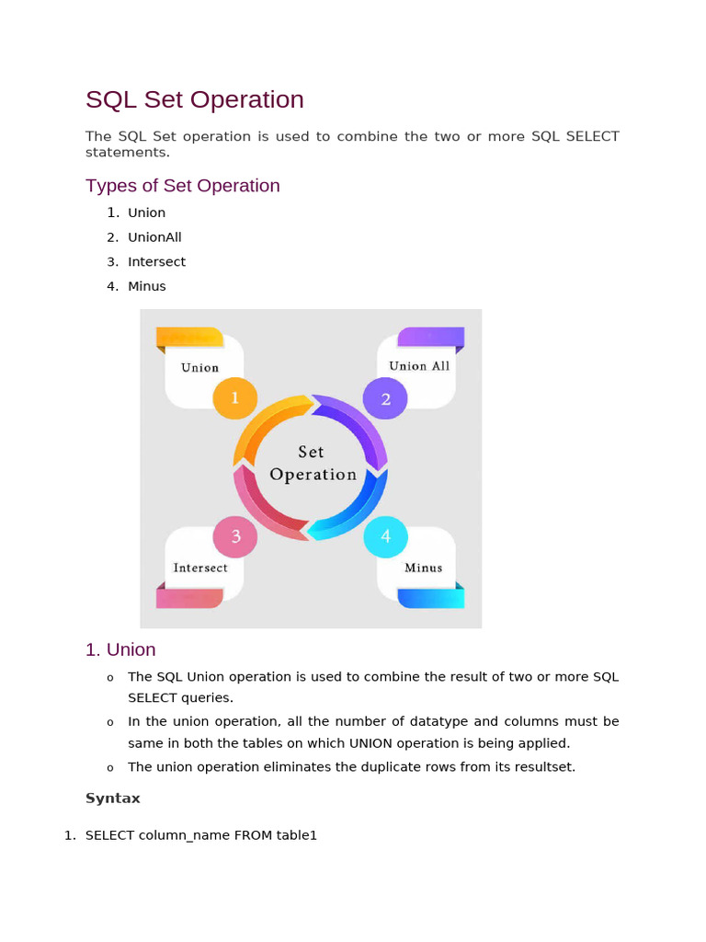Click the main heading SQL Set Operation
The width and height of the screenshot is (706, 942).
pos(194,99)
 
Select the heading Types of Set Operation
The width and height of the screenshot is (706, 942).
pos(182,186)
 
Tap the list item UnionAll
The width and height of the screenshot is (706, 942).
pos(154,237)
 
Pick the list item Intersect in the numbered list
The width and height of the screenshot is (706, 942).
pos(156,262)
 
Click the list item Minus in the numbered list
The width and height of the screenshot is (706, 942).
pos(147,286)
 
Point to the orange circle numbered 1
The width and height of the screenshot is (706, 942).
pos(235,398)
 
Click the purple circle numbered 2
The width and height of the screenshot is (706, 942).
pos(386,398)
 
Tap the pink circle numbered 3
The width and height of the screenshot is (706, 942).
pos(235,537)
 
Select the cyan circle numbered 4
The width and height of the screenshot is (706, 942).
pos(386,537)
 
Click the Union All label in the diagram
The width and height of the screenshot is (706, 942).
pos(419,366)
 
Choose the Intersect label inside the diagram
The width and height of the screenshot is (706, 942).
pos(200,568)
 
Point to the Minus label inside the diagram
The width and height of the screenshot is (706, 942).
pos(423,568)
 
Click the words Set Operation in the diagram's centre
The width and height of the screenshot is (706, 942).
pos(313,464)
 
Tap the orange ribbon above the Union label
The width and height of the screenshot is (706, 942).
pos(189,338)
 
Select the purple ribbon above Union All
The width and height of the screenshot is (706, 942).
pos(430,338)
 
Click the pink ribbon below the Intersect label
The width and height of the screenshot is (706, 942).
pos(189,598)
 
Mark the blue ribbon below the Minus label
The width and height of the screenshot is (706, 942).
pos(430,598)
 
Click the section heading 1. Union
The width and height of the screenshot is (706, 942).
pos(120,649)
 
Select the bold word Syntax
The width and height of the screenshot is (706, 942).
pos(113,798)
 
